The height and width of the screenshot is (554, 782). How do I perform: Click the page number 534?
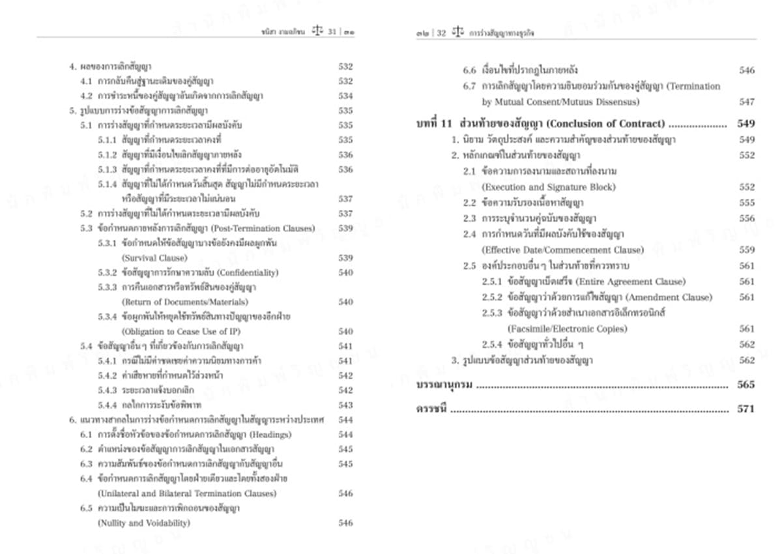point(345,96)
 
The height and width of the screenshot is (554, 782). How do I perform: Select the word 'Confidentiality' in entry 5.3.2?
point(247,272)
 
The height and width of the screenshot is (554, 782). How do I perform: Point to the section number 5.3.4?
point(108,316)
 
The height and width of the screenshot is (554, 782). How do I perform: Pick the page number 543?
point(345,405)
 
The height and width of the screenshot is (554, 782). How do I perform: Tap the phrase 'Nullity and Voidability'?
point(144,523)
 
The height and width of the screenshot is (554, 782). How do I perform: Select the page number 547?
point(747,102)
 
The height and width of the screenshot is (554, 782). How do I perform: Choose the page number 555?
point(747,203)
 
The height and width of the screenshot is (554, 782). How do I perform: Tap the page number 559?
point(747,250)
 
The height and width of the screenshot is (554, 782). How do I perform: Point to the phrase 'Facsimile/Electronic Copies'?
point(558,328)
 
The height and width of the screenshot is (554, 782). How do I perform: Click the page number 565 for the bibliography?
point(746,385)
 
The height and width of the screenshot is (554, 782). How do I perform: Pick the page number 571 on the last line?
point(746,409)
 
